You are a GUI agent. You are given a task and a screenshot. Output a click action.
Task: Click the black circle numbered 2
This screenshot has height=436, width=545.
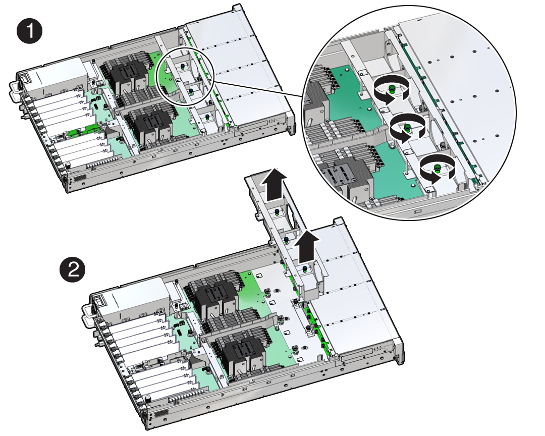[72, 270]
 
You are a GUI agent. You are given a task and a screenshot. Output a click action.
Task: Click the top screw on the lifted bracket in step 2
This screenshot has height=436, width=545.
[277, 212]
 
